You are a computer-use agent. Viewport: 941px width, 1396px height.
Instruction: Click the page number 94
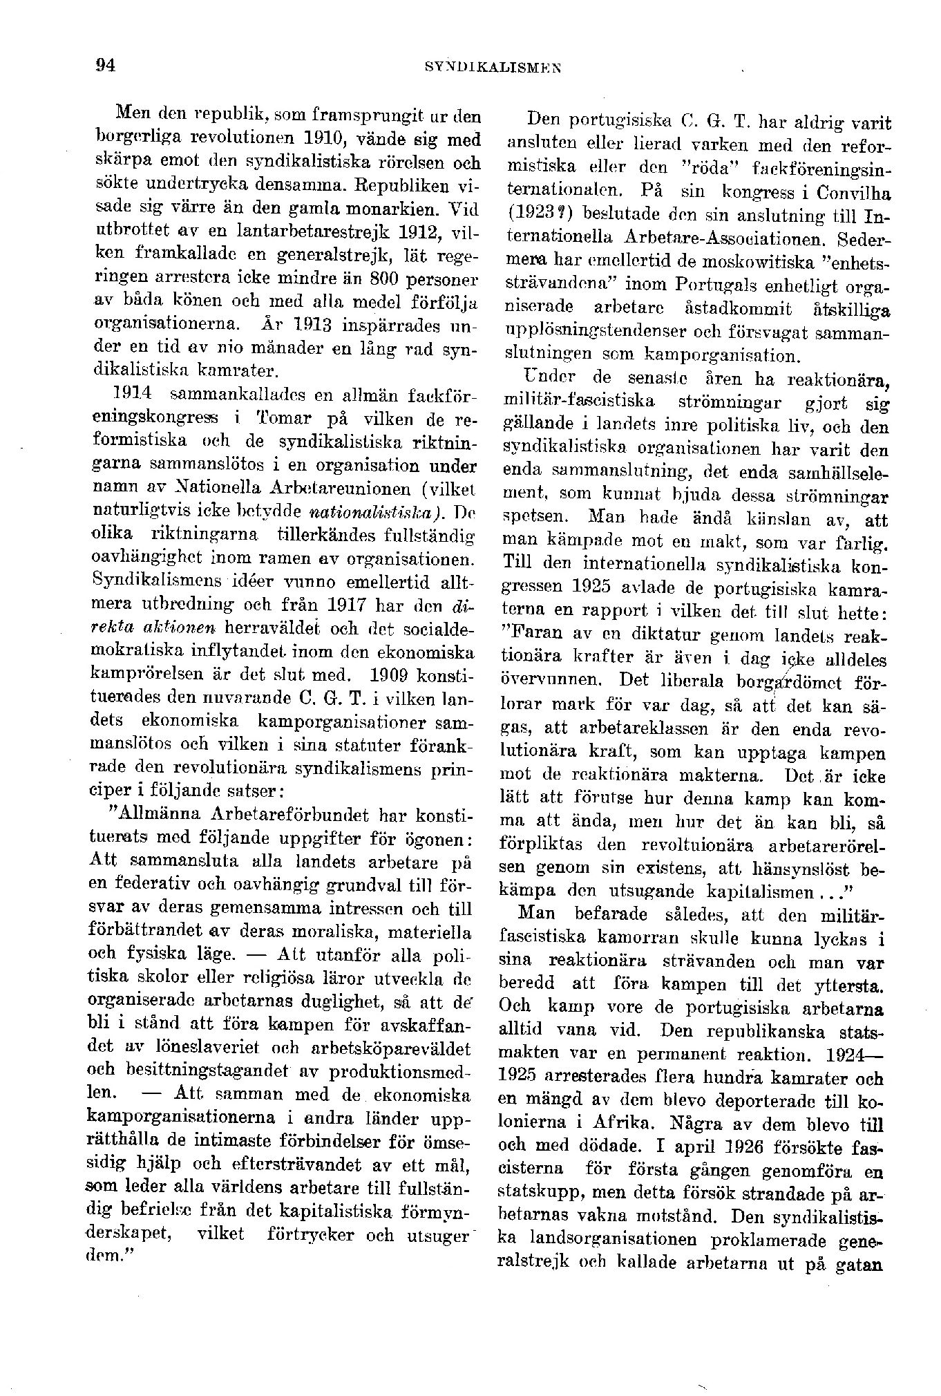click(105, 66)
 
